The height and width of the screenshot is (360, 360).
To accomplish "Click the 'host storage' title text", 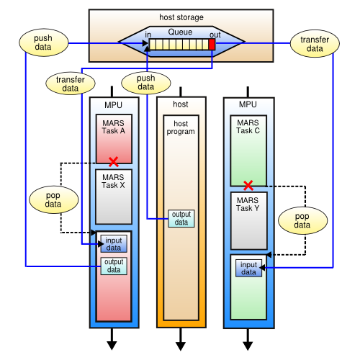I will click(x=180, y=17).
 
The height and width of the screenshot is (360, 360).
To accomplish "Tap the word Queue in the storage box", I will click(x=180, y=32).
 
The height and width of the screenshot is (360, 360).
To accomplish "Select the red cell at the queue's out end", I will click(x=212, y=45).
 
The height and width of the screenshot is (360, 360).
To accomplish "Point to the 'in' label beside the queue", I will click(x=148, y=34).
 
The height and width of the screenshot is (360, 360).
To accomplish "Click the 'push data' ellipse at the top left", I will click(x=42, y=42).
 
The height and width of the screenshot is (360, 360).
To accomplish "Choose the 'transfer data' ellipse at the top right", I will click(x=314, y=42).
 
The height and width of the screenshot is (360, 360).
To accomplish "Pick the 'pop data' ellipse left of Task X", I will click(x=52, y=200).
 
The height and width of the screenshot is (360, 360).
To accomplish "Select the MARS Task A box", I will click(x=113, y=138).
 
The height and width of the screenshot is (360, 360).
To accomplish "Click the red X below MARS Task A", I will click(x=113, y=162).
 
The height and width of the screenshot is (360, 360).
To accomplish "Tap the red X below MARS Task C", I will click(x=248, y=186).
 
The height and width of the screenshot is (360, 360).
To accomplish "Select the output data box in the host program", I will click(x=181, y=217).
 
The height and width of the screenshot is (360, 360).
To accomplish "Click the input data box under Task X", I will click(x=114, y=244).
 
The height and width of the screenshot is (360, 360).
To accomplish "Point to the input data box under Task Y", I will click(x=248, y=268).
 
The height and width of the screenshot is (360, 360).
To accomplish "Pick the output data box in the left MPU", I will click(x=114, y=265).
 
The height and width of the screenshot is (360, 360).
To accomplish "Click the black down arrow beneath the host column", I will click(x=181, y=338).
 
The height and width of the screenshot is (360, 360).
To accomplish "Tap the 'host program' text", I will click(x=181, y=127).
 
